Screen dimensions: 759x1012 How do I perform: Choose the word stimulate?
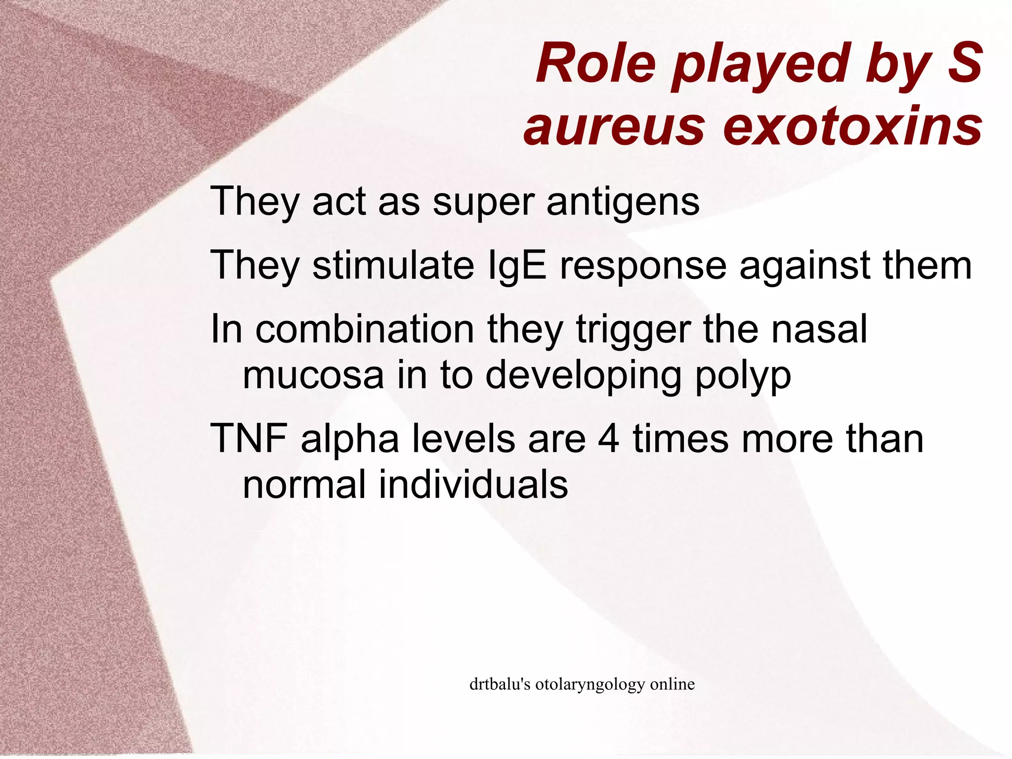pos(393,266)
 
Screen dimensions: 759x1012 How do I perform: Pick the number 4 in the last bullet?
pos(608,439)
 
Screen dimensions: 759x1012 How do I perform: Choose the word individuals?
pos(473,484)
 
